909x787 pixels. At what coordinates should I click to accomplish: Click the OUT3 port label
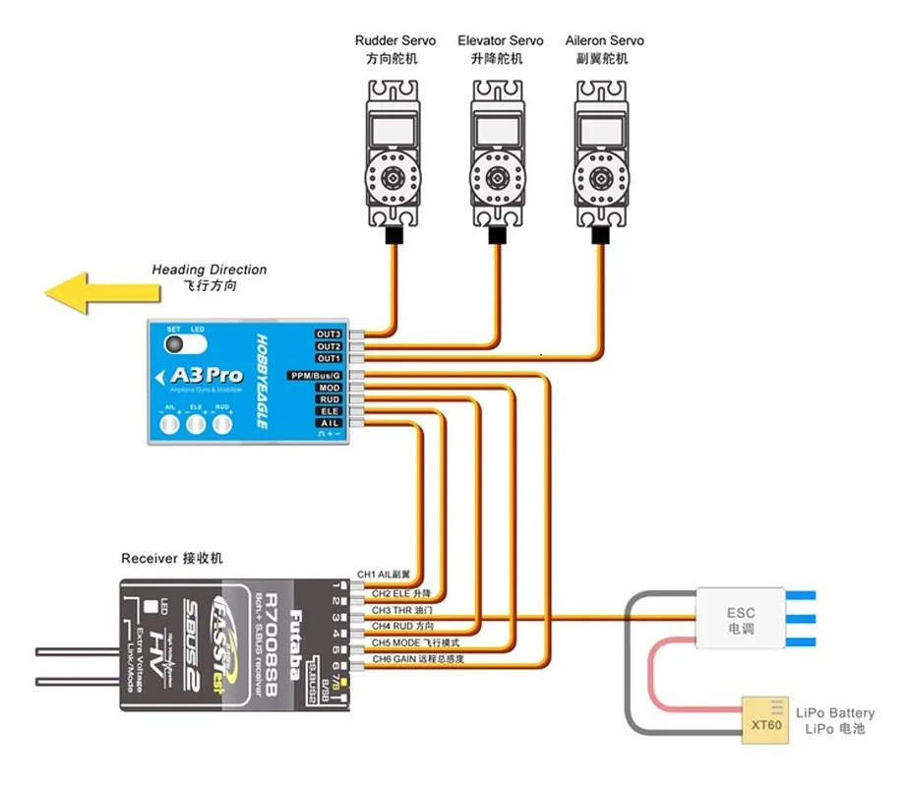[329, 334]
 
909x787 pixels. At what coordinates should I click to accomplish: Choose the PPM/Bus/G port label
[315, 376]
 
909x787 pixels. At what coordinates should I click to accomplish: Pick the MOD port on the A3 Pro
[329, 388]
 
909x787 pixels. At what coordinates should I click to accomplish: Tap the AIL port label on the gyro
[329, 423]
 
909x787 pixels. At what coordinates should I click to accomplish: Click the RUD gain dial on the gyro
[223, 424]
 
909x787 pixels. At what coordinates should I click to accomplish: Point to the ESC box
[741, 619]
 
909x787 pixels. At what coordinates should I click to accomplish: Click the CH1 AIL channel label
[383, 575]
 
